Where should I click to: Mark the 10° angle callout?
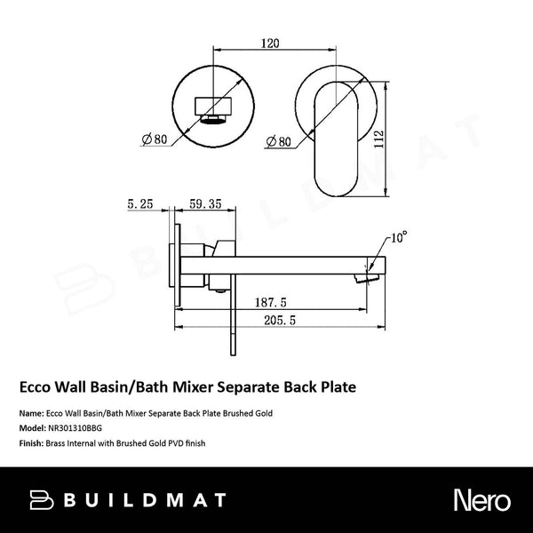[398, 238]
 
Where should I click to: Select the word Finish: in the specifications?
[32, 441]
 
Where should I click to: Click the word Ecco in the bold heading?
[36, 387]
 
